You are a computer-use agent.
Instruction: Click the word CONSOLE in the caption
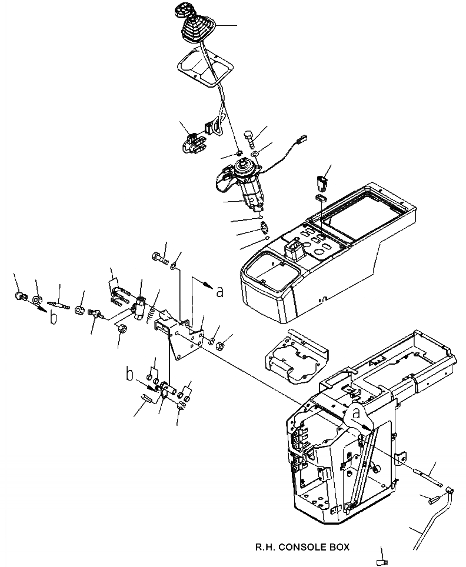click(306, 547)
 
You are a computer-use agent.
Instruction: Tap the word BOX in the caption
click(340, 547)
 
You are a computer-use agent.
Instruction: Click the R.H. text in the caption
click(265, 547)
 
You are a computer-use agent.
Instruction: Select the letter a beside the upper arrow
click(219, 291)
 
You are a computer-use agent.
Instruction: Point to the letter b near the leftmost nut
click(54, 318)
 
